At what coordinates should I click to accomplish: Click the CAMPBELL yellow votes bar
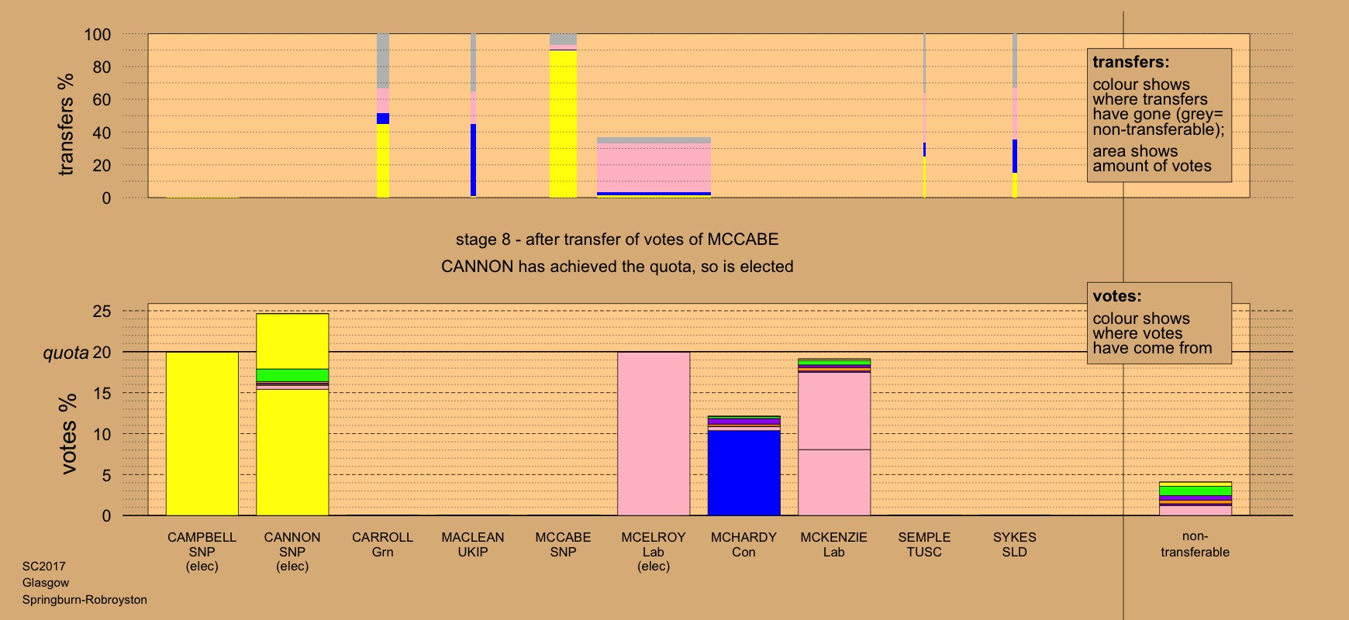[x=202, y=434]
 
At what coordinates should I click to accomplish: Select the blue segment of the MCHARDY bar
[x=744, y=473]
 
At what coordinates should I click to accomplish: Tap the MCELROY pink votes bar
[x=653, y=434]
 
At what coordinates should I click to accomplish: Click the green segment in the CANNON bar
[x=292, y=375]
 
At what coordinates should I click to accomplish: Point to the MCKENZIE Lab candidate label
[x=833, y=544]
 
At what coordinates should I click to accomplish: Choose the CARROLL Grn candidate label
[x=382, y=544]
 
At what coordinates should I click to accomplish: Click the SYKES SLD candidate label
[x=1014, y=544]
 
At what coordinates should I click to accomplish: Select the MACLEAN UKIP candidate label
[x=472, y=544]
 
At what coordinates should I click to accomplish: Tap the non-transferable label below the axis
[x=1195, y=544]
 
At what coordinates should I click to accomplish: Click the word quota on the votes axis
[x=65, y=353]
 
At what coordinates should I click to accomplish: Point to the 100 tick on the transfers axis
[x=98, y=35]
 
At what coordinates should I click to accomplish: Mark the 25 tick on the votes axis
[x=102, y=312]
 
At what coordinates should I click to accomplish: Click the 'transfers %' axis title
[x=67, y=124]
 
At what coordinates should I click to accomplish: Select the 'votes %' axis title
[x=68, y=434]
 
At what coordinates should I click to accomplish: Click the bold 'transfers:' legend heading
[x=1130, y=62]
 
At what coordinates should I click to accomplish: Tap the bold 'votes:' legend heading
[x=1116, y=296]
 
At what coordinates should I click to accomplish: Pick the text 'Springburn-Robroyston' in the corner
[x=85, y=600]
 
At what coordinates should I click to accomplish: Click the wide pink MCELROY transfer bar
[x=654, y=167]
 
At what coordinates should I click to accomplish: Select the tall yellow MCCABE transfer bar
[x=563, y=124]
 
